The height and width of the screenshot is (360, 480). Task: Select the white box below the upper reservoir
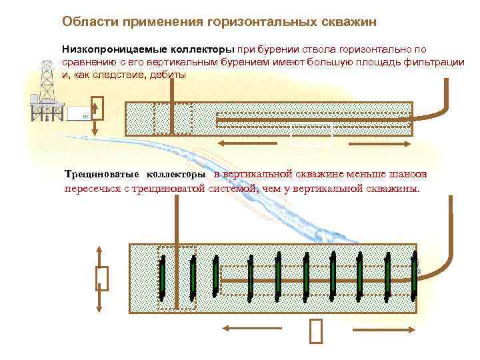point(311,137)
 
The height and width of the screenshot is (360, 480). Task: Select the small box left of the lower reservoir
point(102,278)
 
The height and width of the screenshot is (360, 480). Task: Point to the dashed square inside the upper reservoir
point(163,119)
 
